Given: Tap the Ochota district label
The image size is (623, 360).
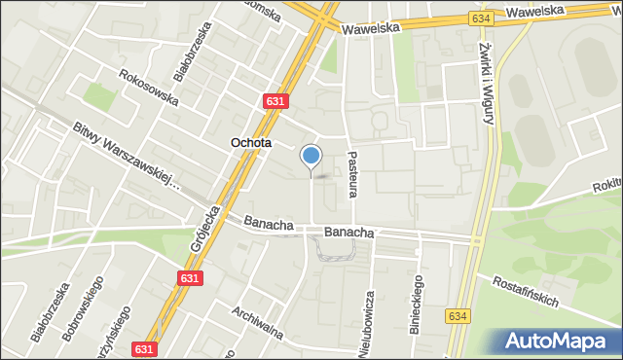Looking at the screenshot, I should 250,143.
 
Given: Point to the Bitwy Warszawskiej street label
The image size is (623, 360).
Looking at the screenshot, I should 127,155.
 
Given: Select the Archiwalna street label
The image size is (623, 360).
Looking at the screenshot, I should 257,325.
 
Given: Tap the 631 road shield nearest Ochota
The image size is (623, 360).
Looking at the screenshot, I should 275,100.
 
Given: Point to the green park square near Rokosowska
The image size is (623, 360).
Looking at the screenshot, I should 97,95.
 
